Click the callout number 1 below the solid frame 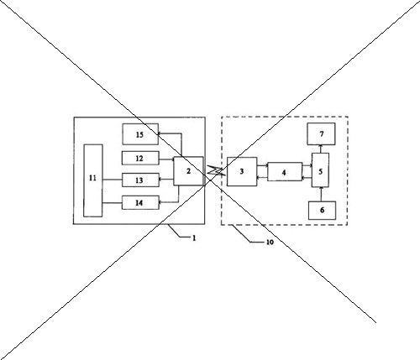pos(194,238)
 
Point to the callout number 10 pos(270,243)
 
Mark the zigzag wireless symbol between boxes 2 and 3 pos(216,171)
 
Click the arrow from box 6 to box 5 pos(321,195)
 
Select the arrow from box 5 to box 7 pos(321,149)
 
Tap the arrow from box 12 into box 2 pos(166,159)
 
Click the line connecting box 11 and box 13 pos(113,180)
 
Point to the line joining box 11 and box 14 pos(113,202)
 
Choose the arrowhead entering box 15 pos(160,133)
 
